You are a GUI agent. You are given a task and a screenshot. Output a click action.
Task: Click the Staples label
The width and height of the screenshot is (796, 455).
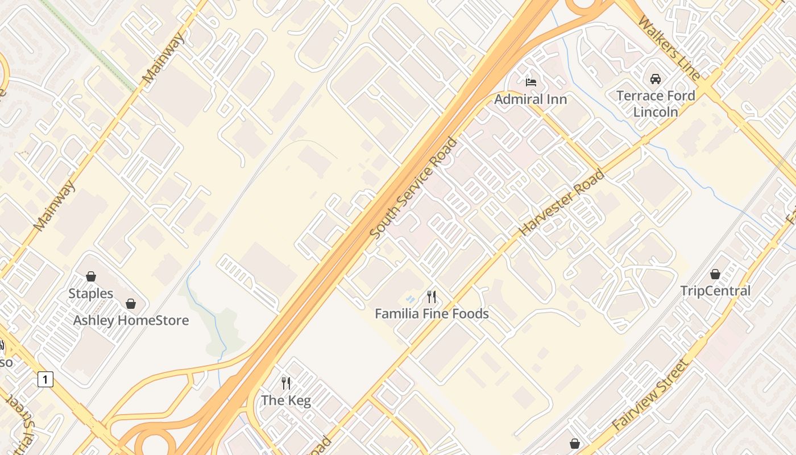click(x=91, y=293)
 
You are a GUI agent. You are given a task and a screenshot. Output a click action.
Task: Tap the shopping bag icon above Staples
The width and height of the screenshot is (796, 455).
click(x=91, y=276)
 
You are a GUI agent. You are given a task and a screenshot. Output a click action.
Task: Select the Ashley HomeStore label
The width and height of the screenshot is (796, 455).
click(x=131, y=320)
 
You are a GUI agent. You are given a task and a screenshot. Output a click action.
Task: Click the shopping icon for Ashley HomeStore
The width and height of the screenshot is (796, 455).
click(x=131, y=303)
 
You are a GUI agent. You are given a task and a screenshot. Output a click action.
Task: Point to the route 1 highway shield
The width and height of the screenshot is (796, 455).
click(x=45, y=379)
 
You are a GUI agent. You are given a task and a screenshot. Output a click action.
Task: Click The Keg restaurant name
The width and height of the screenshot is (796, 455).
click(x=286, y=400)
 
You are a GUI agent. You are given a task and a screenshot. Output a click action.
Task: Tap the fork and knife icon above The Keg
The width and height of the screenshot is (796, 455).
click(x=286, y=383)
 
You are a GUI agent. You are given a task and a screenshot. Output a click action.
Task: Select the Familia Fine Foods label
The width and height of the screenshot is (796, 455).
click(x=432, y=313)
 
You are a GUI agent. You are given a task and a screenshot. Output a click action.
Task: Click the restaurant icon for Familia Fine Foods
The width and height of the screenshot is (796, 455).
click(x=432, y=296)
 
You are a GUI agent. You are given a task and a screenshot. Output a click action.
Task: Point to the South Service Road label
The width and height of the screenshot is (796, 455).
click(x=413, y=188)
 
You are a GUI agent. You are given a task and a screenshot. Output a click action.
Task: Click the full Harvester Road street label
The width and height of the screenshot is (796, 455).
click(x=562, y=202)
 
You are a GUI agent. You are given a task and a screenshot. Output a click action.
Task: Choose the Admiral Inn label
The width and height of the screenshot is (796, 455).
click(x=530, y=100)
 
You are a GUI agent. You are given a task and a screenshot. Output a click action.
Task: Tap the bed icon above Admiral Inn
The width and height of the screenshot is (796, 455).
click(x=530, y=82)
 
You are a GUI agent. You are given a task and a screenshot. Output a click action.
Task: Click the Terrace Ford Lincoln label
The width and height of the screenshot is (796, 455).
click(x=656, y=104)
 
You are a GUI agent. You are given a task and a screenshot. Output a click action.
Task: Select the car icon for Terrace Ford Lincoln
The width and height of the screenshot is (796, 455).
click(x=656, y=79)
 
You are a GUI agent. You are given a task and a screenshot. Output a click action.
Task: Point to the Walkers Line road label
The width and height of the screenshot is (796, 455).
click(x=669, y=48)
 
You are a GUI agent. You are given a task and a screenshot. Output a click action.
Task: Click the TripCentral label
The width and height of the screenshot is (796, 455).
click(x=715, y=291)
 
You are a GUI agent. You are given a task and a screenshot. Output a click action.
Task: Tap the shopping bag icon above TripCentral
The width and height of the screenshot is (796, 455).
click(x=715, y=274)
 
